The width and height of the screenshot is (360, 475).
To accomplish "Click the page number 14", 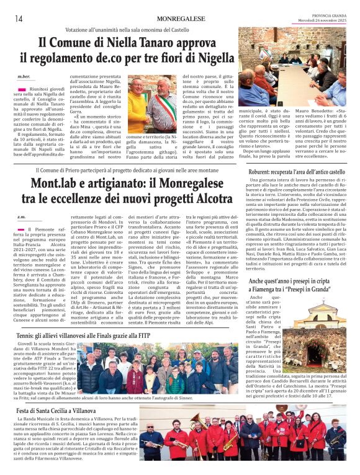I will (19, 18).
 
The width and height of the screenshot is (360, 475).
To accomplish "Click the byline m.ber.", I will (23, 77).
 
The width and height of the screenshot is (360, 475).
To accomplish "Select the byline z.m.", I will (21, 216).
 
